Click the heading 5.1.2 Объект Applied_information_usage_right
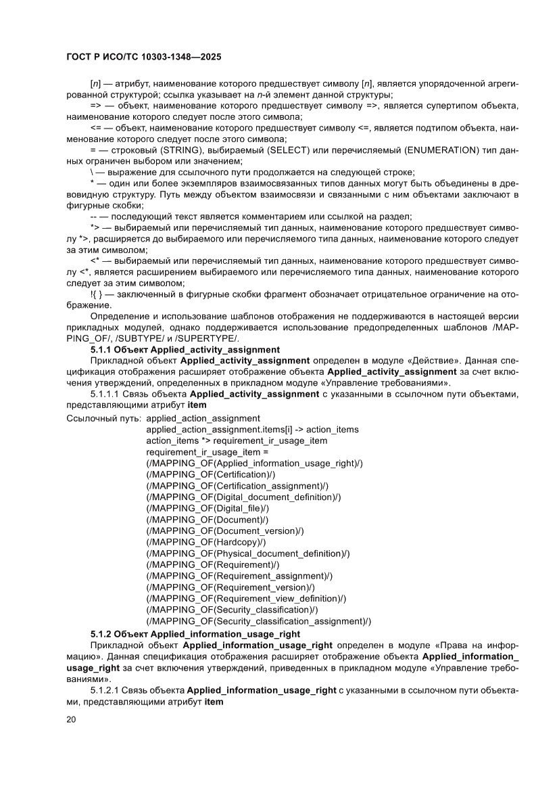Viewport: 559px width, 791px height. coord(195,633)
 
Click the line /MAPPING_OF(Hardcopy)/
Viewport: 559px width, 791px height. coord(206,542)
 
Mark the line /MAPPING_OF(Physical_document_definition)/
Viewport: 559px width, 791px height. coord(247,553)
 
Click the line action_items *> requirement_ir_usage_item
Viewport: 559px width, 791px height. coord(237,440)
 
